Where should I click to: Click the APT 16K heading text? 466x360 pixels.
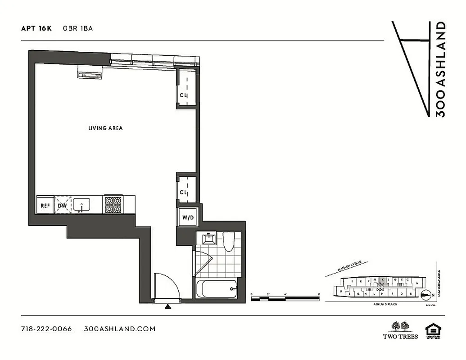[x=36, y=28]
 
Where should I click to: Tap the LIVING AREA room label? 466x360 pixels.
[x=105, y=128]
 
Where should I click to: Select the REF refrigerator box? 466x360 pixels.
[x=45, y=205]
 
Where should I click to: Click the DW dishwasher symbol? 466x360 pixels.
[x=62, y=205]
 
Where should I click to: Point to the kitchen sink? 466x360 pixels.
[x=81, y=205]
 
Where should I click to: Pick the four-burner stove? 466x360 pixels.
[x=113, y=205]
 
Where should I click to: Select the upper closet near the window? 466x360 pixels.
[x=185, y=87]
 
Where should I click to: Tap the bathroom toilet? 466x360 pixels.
[x=229, y=242]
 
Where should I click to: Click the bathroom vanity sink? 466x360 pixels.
[x=208, y=238]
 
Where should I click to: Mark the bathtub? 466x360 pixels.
[x=217, y=288]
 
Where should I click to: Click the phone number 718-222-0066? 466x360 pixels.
[x=46, y=328]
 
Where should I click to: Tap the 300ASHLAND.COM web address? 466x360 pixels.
[x=120, y=328]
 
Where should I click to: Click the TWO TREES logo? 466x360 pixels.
[x=400, y=330]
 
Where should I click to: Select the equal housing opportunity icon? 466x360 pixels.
[x=433, y=330]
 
